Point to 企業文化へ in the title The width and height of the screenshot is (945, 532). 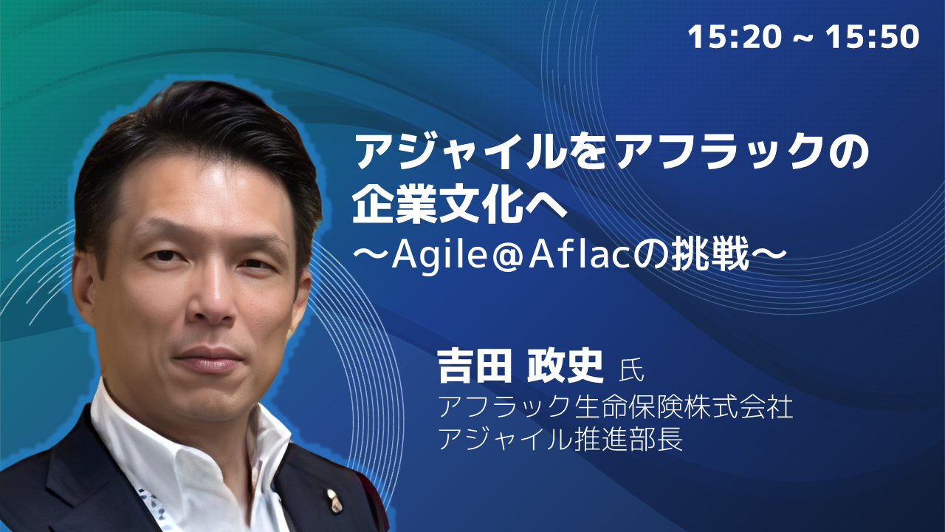(x=459, y=205)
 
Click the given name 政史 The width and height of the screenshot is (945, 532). (x=566, y=366)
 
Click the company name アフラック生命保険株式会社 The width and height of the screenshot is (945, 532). (x=616, y=406)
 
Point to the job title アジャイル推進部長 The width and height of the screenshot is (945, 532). (x=560, y=439)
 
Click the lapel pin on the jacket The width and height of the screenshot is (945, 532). (x=334, y=501)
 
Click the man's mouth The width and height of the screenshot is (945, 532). (x=209, y=359)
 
